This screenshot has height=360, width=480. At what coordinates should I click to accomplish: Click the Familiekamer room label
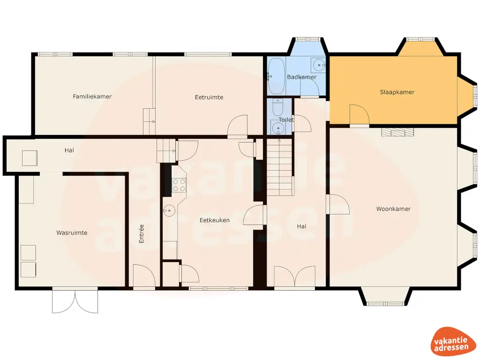click(x=92, y=97)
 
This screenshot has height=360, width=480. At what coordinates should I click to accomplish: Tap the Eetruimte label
click(x=209, y=97)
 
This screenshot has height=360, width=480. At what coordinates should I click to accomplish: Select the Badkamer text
click(x=301, y=77)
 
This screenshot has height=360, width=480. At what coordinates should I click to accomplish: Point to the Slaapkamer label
click(x=397, y=92)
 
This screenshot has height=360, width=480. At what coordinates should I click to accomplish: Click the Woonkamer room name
click(x=393, y=209)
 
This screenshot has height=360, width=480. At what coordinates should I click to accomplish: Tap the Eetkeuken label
click(x=215, y=220)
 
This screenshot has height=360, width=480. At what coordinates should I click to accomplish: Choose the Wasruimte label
click(x=72, y=232)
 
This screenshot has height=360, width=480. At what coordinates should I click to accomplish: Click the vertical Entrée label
click(x=142, y=233)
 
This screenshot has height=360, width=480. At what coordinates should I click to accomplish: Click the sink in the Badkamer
click(x=319, y=64)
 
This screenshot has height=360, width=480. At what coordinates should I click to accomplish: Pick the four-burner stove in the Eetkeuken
click(x=179, y=185)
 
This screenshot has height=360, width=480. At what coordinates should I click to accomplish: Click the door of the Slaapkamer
click(x=359, y=115)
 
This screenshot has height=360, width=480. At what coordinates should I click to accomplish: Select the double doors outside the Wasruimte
click(x=75, y=301)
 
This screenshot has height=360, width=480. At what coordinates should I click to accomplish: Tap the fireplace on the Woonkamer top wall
click(x=397, y=132)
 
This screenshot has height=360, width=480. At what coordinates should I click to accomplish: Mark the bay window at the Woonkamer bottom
click(x=385, y=297)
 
